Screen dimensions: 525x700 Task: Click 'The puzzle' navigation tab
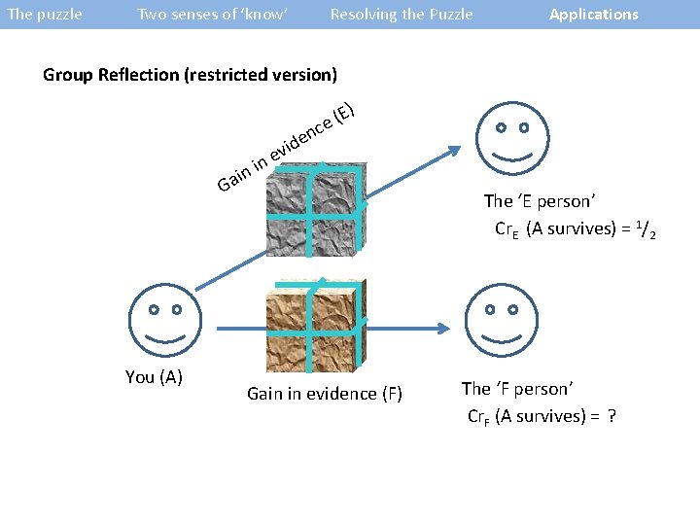click(45, 15)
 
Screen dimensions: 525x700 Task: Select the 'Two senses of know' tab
click(213, 15)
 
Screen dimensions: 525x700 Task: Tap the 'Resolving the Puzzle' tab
click(402, 15)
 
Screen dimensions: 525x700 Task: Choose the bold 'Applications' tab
click(594, 15)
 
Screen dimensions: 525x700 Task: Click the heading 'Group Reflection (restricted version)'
click(191, 75)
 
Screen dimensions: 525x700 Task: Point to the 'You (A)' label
click(154, 377)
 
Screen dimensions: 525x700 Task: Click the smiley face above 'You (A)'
click(165, 322)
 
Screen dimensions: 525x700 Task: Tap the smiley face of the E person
click(512, 138)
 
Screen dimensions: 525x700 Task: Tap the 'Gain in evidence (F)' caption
click(325, 394)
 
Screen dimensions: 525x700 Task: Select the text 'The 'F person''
click(517, 389)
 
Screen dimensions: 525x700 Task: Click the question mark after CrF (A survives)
click(612, 417)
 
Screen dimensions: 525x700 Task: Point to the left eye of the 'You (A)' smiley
click(153, 310)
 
